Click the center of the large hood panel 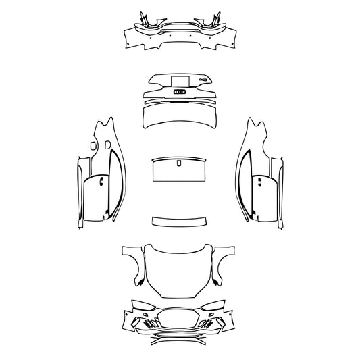point(179,270)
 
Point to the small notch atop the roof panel point(179,163)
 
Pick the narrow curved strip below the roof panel point(179,221)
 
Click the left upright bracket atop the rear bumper point(144,18)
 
